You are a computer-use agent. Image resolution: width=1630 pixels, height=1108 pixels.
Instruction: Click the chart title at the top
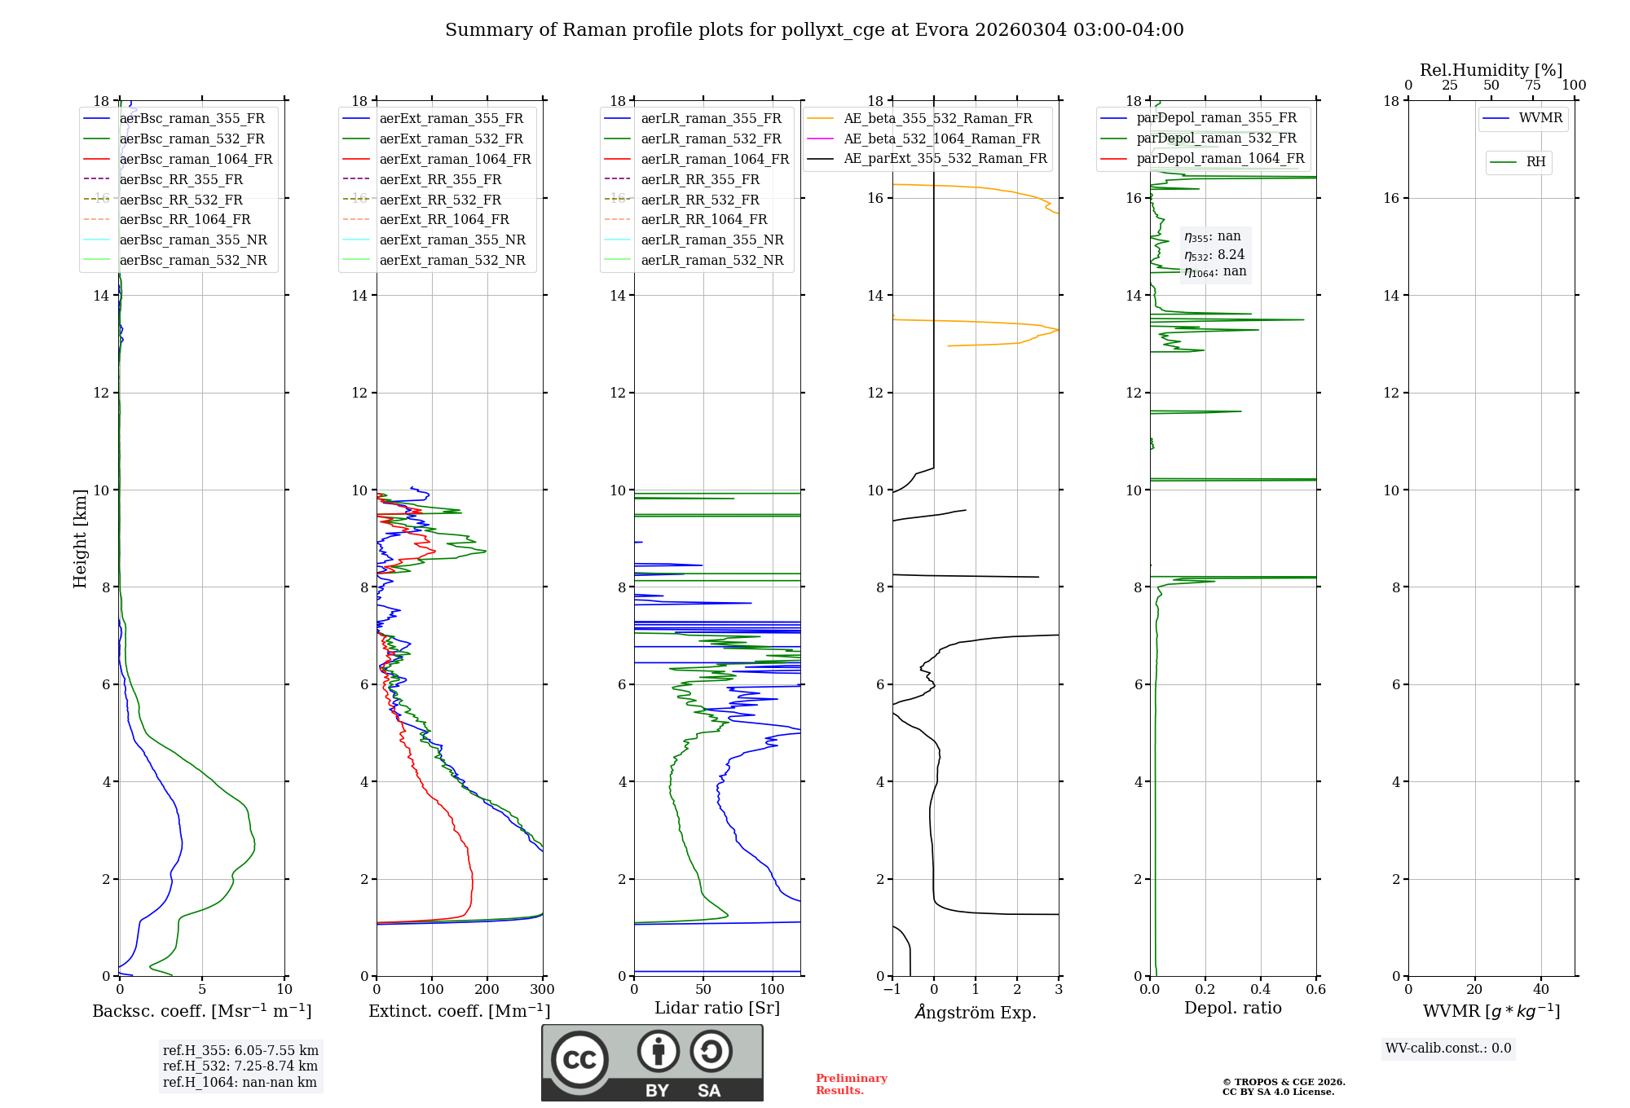[x=814, y=30]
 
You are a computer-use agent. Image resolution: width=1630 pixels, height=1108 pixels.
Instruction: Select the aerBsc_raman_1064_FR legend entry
[x=196, y=159]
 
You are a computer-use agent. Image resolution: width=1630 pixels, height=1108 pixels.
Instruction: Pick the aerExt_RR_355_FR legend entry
[x=440, y=179]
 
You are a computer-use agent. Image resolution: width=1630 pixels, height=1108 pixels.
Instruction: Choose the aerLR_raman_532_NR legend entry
[x=711, y=260]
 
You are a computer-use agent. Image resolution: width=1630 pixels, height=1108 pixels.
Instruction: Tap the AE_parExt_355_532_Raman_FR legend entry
[x=945, y=158]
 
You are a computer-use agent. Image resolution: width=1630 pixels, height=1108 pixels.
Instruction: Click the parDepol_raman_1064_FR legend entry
[x=1220, y=158]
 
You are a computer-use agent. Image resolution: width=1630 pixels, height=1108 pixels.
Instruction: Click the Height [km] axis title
[x=80, y=538]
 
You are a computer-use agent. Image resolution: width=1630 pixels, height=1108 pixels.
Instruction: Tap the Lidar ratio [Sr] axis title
[x=717, y=1008]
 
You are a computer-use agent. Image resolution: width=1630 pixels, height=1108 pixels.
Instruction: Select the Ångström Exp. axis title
[x=976, y=1012]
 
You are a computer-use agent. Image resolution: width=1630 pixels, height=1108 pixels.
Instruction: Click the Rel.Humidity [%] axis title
[x=1491, y=70]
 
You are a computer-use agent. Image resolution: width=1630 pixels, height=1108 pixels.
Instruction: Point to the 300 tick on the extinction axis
[x=543, y=990]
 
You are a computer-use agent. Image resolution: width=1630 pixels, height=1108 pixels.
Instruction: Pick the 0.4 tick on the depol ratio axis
[x=1261, y=990]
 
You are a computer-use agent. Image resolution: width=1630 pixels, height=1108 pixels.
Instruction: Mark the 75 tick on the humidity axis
[x=1533, y=86]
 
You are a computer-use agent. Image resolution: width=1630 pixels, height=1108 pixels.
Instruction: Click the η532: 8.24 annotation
[x=1214, y=254]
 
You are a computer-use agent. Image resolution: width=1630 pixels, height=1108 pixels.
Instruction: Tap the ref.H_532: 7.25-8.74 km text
[x=240, y=1066]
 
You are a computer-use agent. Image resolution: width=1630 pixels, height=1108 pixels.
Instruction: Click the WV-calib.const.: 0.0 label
[x=1448, y=1049]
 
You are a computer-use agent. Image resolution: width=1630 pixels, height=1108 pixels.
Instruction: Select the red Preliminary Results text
[x=851, y=1084]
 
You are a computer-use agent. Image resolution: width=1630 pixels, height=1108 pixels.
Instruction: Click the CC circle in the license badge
[x=579, y=1060]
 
